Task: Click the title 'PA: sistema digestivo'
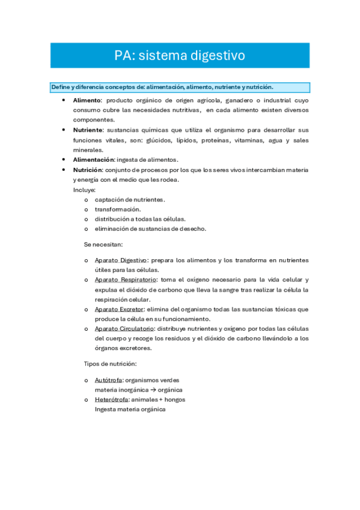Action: (x=180, y=56)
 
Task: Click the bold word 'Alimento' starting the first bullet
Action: (x=87, y=100)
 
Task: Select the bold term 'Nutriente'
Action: (x=88, y=130)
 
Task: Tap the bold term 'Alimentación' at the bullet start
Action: (x=93, y=159)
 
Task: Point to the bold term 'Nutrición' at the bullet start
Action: (x=88, y=170)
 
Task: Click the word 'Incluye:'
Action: (x=84, y=189)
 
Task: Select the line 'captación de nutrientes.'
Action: (x=130, y=199)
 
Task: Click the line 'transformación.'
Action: (x=118, y=209)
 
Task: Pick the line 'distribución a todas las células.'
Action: (x=140, y=219)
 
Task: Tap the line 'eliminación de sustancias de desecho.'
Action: (x=150, y=229)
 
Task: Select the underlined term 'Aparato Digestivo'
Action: (x=121, y=260)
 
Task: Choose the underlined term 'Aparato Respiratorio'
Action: (x=126, y=280)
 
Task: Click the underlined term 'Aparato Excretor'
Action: (x=119, y=309)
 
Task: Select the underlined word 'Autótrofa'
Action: (x=109, y=380)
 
